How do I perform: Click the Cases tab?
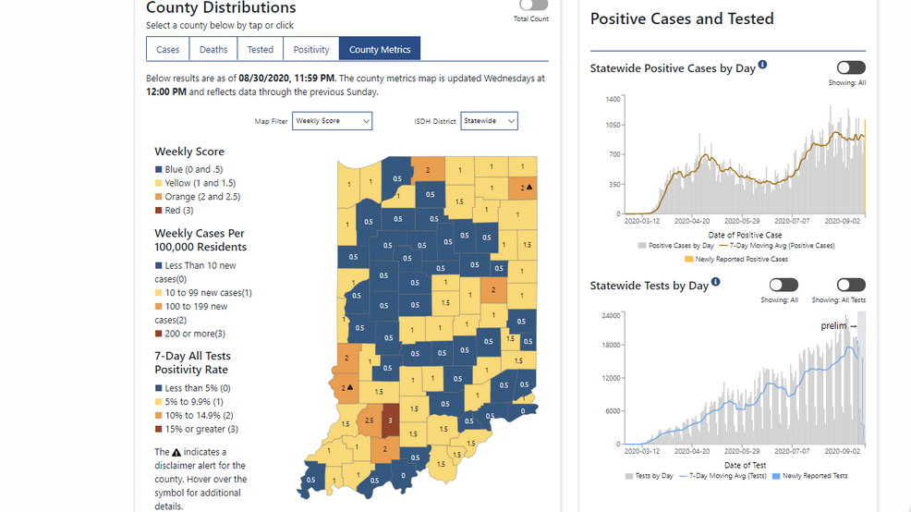point(168,50)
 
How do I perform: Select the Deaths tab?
point(213,50)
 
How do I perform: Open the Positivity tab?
point(311,50)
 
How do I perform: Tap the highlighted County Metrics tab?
point(380,50)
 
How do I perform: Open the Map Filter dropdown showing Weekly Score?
point(332,121)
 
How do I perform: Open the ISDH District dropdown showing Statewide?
point(489,121)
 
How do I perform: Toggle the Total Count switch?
point(532,6)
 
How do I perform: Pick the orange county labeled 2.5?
point(370,421)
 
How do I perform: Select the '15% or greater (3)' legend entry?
point(200,429)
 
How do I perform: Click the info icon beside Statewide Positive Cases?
point(763,67)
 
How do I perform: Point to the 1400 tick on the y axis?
point(613,98)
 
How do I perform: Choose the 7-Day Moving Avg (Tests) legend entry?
point(726,476)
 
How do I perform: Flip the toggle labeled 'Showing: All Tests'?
point(851,285)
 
